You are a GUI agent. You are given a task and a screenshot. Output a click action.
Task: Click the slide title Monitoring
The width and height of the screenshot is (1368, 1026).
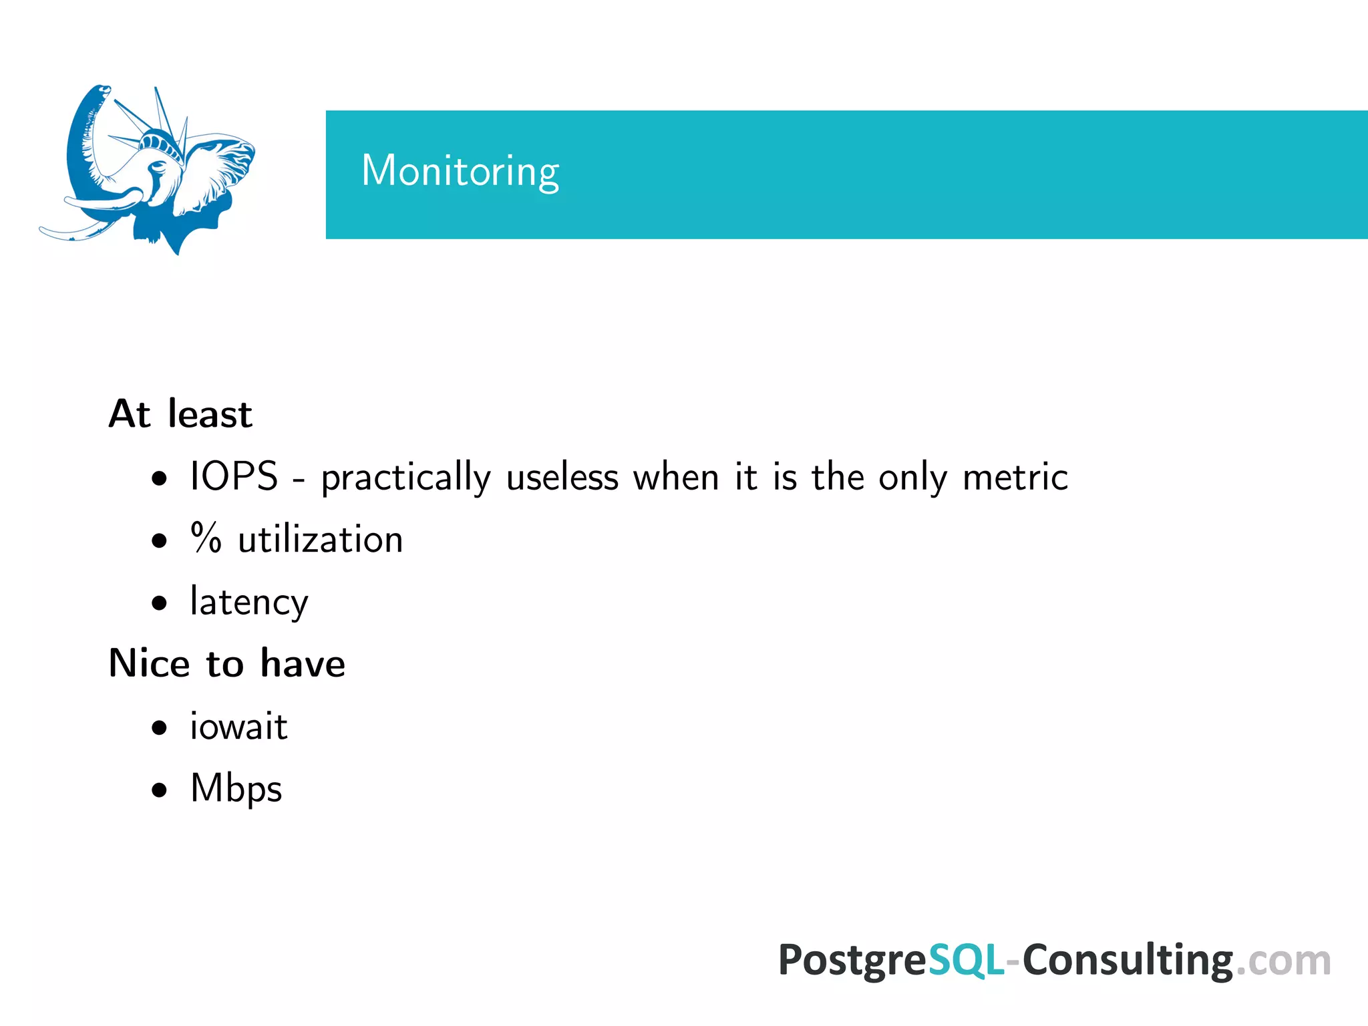tap(460, 171)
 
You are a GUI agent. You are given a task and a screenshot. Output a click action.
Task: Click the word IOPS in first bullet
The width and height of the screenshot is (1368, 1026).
tap(234, 477)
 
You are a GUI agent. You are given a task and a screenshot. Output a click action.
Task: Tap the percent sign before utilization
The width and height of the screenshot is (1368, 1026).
tap(206, 538)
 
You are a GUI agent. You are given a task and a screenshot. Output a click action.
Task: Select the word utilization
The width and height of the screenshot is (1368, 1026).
tap(321, 540)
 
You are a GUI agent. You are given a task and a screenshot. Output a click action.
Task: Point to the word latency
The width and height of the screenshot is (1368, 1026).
tap(249, 603)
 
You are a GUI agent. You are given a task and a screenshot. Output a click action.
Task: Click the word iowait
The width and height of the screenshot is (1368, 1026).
tap(238, 727)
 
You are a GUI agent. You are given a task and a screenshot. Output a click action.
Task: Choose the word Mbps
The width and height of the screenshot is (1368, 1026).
tap(236, 789)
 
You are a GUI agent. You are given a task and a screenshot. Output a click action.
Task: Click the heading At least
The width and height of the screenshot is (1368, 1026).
tap(180, 414)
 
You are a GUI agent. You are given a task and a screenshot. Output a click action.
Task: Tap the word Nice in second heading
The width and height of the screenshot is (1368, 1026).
tap(150, 664)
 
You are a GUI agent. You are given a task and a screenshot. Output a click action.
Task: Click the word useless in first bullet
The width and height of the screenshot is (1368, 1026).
tap(562, 478)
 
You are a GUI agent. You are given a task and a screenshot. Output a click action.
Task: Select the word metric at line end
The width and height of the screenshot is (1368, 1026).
tap(1015, 478)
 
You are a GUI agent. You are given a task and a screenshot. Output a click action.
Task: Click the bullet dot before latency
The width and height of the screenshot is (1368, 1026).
tap(159, 603)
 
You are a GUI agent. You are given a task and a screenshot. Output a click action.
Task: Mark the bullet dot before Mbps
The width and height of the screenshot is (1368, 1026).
tap(159, 790)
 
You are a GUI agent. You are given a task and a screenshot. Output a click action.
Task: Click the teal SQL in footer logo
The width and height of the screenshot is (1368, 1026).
tap(967, 961)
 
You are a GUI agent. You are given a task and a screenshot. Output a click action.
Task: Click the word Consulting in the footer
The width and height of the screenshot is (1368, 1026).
tap(1128, 961)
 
